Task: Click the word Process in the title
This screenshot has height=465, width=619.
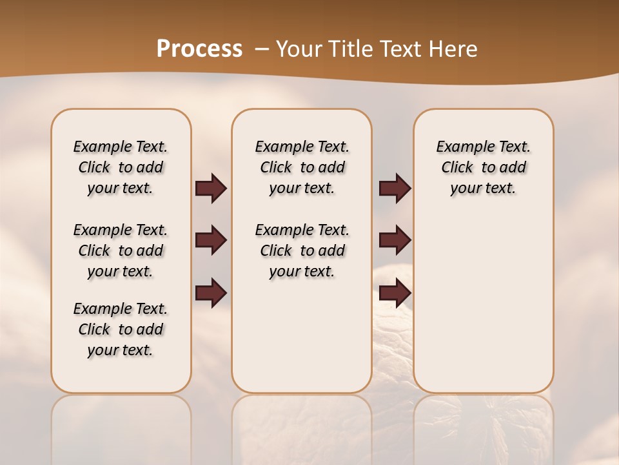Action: [199, 48]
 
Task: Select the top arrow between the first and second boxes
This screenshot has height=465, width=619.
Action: [211, 188]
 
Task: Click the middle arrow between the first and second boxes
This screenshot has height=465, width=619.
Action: [211, 240]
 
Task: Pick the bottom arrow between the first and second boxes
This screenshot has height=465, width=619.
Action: [211, 293]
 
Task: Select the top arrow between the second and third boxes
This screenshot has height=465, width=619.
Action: [395, 188]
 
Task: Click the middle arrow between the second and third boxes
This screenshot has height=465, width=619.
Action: [395, 240]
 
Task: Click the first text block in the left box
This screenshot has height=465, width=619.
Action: [121, 167]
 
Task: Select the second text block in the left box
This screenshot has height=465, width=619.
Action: [121, 251]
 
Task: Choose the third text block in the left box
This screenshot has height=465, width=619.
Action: [121, 329]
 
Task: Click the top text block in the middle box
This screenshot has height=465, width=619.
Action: [302, 167]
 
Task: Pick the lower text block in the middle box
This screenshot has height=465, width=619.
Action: [302, 251]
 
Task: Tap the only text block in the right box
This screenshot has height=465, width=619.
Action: [483, 167]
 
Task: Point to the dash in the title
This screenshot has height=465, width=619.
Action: [262, 48]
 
